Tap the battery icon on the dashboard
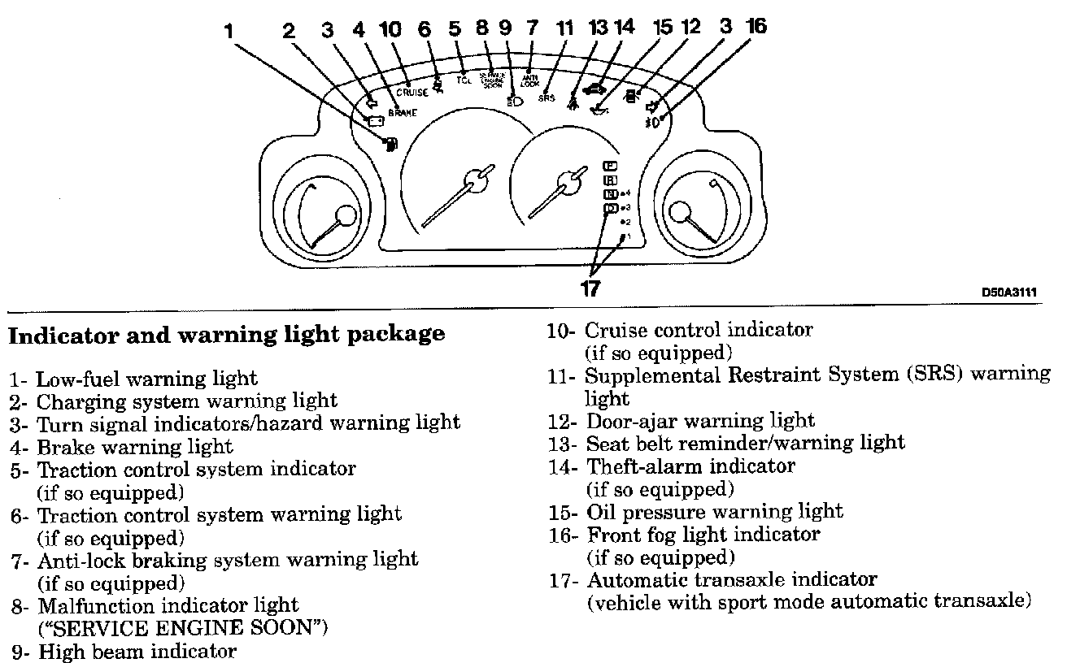[x=376, y=122]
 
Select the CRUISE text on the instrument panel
[x=412, y=93]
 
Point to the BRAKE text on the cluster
[x=403, y=113]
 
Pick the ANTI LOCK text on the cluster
[x=529, y=80]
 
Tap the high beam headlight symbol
[x=513, y=101]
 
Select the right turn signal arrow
[x=651, y=106]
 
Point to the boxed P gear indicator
[x=610, y=166]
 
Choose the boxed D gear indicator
[x=610, y=208]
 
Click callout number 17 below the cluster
[x=590, y=288]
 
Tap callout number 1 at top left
[x=229, y=31]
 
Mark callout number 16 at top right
[x=756, y=26]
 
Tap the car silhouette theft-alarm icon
[x=595, y=89]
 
